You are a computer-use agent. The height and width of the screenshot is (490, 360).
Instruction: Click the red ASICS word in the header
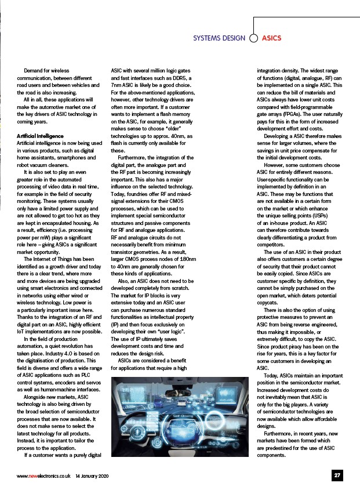[271, 38]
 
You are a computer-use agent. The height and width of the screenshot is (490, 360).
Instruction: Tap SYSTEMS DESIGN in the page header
[219, 38]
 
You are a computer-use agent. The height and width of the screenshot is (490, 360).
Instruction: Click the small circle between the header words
[253, 38]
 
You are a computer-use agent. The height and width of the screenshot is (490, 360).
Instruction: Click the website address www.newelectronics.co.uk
[43, 476]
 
